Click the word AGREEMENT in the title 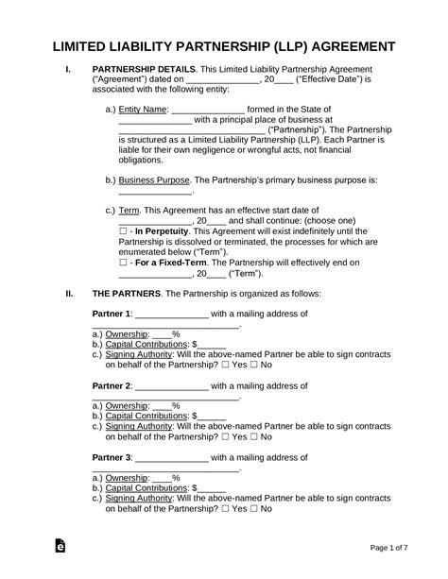point(367,46)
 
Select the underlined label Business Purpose point(143,179)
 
